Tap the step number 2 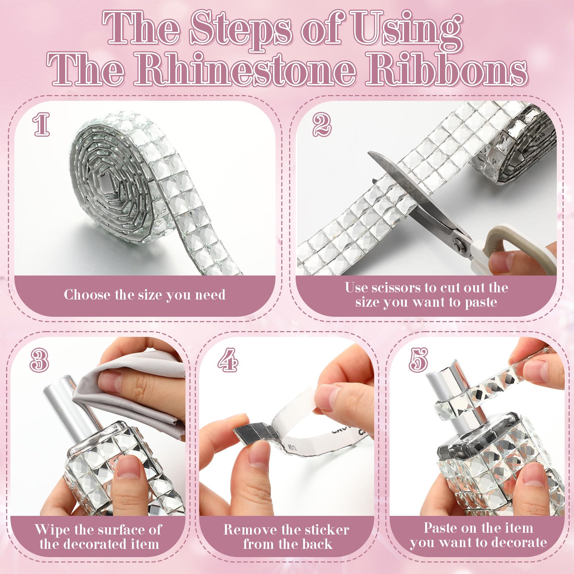[321, 124]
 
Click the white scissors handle [509, 248]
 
